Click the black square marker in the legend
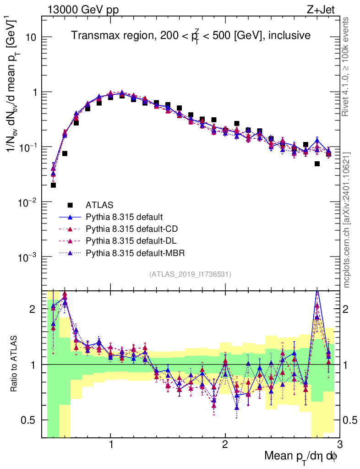(70, 204)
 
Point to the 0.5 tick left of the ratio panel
(28, 420)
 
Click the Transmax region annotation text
(191, 35)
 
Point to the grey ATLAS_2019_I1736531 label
(190, 274)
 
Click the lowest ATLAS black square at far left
(53, 185)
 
